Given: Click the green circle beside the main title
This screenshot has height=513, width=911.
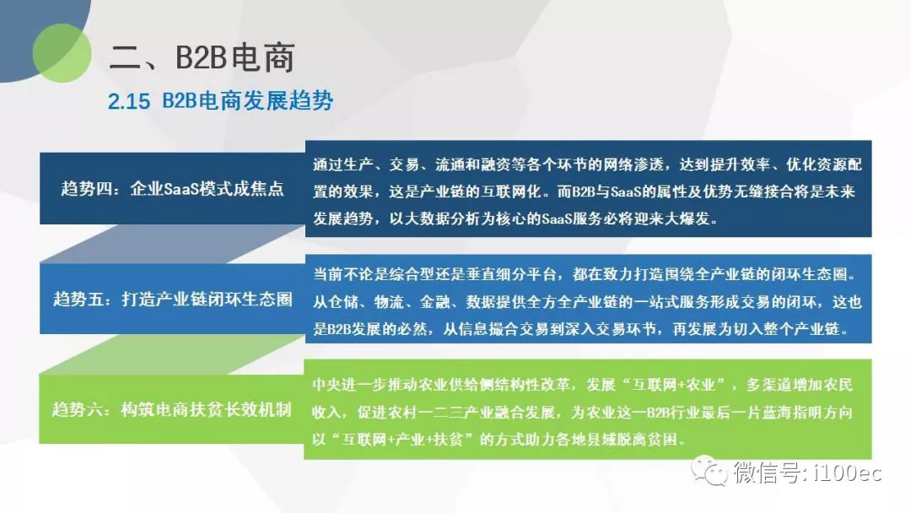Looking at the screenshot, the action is pos(62,53).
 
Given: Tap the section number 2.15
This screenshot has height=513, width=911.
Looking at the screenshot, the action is pos(129,101).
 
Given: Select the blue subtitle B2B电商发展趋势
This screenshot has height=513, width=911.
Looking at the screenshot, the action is pos(248,101).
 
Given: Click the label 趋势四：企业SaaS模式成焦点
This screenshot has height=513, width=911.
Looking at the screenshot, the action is pos(173,188).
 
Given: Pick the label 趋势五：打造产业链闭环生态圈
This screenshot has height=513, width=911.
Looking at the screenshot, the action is pos(173,299).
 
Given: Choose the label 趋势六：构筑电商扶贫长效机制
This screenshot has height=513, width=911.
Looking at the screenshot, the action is pos(171,409).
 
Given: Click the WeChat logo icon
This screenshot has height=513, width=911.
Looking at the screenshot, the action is pos(709,471).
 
